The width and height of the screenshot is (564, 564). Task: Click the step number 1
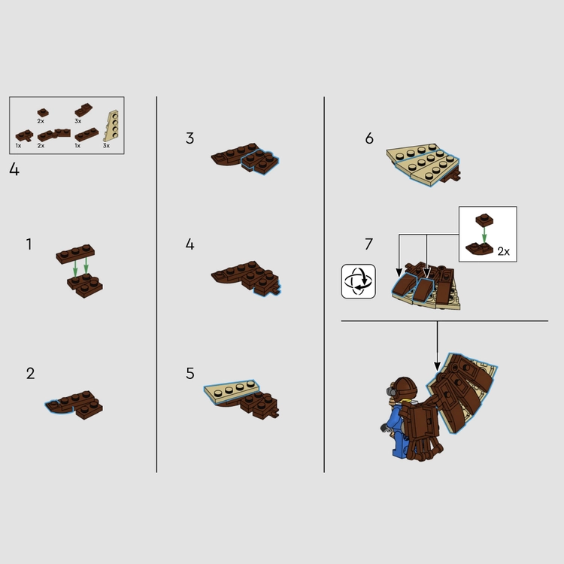pyautogui.click(x=29, y=244)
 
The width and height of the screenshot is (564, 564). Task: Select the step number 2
pyautogui.click(x=31, y=373)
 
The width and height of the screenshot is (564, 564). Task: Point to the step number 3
pyautogui.click(x=190, y=138)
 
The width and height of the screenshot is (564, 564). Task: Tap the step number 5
pyautogui.click(x=190, y=373)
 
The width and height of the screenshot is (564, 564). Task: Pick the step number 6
pyautogui.click(x=369, y=138)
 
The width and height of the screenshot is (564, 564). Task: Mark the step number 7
pyautogui.click(x=368, y=244)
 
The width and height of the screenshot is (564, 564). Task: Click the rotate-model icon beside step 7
pyautogui.click(x=358, y=281)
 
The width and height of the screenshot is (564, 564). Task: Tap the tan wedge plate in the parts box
pyautogui.click(x=111, y=126)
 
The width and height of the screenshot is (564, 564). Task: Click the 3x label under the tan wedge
pyautogui.click(x=106, y=146)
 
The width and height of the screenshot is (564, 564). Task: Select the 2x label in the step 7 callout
pyautogui.click(x=504, y=251)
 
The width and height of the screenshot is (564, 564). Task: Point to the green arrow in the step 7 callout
pyautogui.click(x=484, y=235)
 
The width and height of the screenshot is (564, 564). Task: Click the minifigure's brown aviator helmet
pyautogui.click(x=405, y=388)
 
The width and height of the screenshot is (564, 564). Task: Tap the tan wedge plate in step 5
pyautogui.click(x=231, y=390)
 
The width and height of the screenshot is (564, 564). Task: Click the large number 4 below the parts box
pyautogui.click(x=14, y=169)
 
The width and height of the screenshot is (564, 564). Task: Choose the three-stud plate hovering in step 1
pyautogui.click(x=75, y=253)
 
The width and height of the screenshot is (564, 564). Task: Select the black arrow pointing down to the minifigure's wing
pyautogui.click(x=438, y=346)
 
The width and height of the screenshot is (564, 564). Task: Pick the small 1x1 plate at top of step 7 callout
pyautogui.click(x=484, y=220)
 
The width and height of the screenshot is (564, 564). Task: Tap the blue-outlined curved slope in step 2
pyautogui.click(x=59, y=407)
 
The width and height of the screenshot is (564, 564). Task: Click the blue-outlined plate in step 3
pyautogui.click(x=260, y=162)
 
